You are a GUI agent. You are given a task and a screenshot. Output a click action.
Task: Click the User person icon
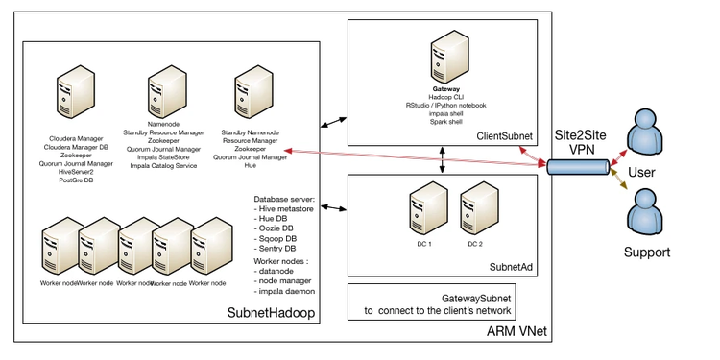pyautogui.click(x=642, y=132)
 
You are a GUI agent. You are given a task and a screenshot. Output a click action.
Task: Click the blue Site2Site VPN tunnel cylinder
pyautogui.click(x=575, y=167)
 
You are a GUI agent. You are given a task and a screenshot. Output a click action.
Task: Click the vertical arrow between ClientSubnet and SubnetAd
pyautogui.click(x=442, y=160)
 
